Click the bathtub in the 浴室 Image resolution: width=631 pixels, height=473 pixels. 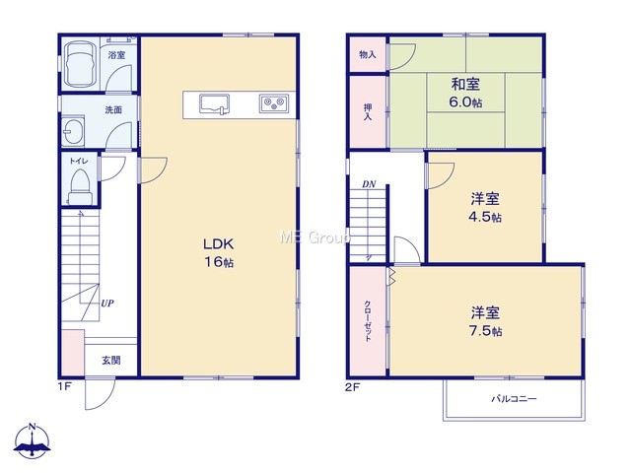point(80,64)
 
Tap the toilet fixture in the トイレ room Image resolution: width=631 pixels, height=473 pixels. point(79,187)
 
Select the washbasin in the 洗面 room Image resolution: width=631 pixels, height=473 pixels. point(73,130)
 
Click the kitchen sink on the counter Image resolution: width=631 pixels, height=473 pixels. point(215,104)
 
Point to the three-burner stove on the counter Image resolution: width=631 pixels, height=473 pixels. point(274,103)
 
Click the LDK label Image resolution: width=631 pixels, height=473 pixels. point(219,243)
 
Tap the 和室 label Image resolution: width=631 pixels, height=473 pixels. point(465,84)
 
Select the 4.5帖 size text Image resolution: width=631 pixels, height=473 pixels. point(485,217)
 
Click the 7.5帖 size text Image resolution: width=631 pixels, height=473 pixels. point(485,331)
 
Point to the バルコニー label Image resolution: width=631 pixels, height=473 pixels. point(514,399)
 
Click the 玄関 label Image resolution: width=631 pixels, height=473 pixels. point(111,361)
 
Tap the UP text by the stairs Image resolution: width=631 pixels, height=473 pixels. point(107,304)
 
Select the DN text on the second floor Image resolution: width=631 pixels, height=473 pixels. point(369,184)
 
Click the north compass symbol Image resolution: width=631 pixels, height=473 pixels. point(33,441)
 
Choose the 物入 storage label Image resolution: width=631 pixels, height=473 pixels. point(368,54)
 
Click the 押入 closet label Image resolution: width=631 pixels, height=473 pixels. point(368,112)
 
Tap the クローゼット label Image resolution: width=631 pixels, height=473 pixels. point(368,321)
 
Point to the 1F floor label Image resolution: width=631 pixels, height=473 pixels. point(64,387)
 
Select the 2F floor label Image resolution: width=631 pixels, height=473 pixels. point(352,387)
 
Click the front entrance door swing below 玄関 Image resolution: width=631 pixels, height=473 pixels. point(101,394)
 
